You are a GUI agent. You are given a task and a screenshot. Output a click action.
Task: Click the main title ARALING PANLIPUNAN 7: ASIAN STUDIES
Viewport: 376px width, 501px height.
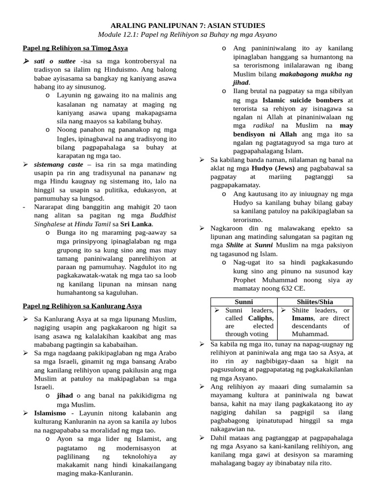tap(188, 25)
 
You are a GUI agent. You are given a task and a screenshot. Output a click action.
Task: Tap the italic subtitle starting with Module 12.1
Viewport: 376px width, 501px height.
tap(188, 35)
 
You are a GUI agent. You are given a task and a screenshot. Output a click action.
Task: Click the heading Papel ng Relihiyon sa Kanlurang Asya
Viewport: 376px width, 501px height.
tap(82, 306)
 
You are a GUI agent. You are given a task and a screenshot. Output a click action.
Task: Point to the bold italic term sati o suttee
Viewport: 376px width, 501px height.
tap(55, 61)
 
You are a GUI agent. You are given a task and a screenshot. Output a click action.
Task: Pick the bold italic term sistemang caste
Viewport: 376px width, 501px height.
tap(58, 164)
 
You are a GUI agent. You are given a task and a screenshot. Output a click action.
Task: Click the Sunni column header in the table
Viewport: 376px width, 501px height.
tap(244, 302)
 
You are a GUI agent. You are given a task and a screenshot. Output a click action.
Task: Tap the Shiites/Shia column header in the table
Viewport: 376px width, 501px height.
tap(315, 302)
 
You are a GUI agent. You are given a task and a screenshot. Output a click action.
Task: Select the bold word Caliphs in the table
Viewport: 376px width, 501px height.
tap(260, 318)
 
